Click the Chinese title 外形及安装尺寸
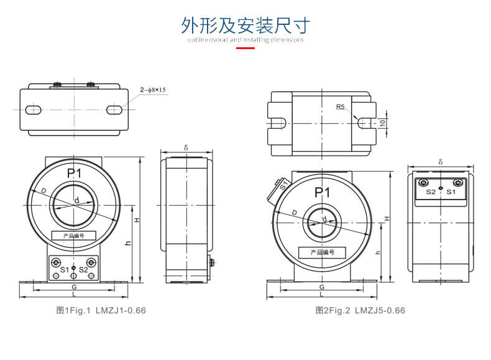245,25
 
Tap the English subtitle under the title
245,40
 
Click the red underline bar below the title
245,47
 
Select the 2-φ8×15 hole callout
154,90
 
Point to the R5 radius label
340,107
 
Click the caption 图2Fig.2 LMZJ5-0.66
360,310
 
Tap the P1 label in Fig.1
74,173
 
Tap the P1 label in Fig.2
322,193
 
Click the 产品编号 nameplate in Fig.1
73,236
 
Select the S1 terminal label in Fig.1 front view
64,269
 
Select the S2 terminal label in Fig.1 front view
83,269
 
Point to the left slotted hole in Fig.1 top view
33,110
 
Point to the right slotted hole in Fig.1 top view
114,110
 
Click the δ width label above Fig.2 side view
440,162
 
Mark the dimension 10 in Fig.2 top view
383,122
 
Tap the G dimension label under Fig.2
322,287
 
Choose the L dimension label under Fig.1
74,293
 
